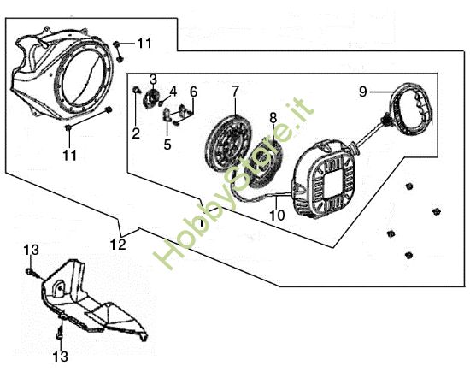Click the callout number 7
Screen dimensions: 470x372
(235, 92)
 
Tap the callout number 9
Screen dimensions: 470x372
(363, 92)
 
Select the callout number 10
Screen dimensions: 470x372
(277, 215)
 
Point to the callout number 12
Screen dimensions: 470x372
(118, 245)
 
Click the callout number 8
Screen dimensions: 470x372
(273, 118)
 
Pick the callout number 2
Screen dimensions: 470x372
(136, 133)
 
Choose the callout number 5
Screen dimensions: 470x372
(167, 145)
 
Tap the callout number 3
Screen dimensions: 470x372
(153, 80)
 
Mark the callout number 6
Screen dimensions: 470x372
(194, 92)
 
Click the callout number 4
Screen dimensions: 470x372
(173, 92)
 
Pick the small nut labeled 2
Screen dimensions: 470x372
(136, 90)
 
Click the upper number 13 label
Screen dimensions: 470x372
(31, 250)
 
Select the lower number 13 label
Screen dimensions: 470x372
(61, 357)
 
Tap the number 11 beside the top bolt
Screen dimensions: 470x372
(144, 44)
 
